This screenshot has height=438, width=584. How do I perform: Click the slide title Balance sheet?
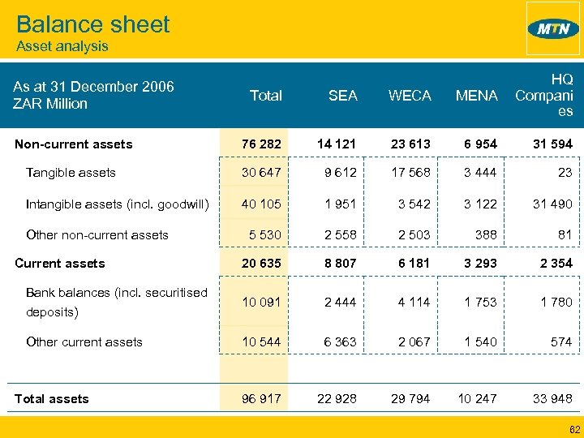coord(93,24)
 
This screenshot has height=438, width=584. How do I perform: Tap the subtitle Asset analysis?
coord(62,46)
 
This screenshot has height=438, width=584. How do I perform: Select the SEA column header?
coord(342,96)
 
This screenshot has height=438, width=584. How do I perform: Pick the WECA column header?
coord(410,96)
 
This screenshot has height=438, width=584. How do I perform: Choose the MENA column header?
coord(476,96)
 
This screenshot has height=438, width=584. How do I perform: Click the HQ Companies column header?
coord(544,95)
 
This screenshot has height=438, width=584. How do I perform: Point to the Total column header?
coord(265,96)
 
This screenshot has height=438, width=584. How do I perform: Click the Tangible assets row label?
coord(71,172)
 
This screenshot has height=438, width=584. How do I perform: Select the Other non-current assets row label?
coord(97,235)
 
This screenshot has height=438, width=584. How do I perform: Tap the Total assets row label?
coord(52,398)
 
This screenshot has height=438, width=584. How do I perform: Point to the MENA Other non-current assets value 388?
coord(484,235)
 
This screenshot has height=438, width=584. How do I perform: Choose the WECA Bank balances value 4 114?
coord(414,302)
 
